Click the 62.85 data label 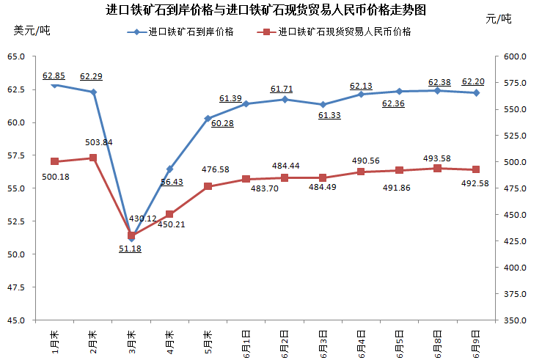tap(54, 76)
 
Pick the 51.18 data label tap(131, 249)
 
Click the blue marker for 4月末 tap(169, 169)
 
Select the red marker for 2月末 tap(93, 158)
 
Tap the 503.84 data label tap(98, 142)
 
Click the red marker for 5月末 tap(208, 186)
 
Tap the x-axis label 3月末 tap(131, 341)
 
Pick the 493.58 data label tap(438, 158)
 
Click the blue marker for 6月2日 tap(284, 99)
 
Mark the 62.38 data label tap(438, 81)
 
